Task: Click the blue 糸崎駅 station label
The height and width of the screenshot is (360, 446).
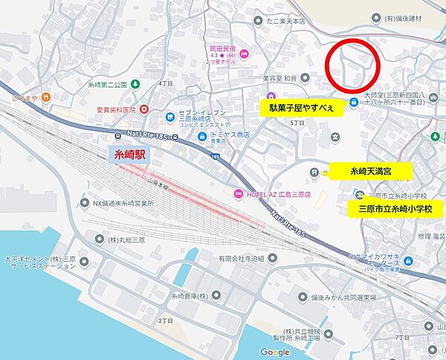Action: pos(129,154)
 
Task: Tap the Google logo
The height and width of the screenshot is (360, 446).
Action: pos(275,352)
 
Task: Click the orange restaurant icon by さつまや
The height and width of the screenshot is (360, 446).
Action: pos(45,96)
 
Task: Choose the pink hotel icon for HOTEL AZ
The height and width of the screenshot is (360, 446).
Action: pos(238,195)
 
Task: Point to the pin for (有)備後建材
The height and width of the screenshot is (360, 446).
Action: pos(373,16)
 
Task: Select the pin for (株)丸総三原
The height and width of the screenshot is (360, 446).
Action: pos(100,238)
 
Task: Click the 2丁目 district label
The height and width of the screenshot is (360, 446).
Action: pos(164,321)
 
